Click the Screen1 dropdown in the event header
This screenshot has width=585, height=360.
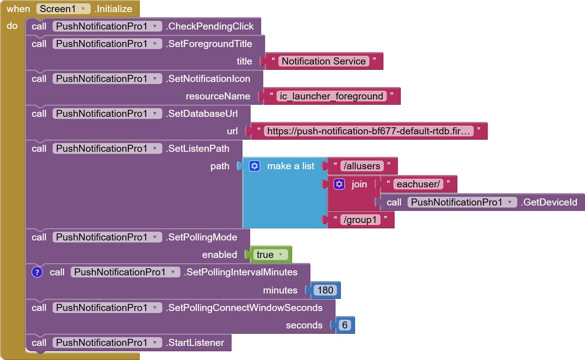tap(63, 9)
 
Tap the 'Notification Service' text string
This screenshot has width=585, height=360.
tap(323, 61)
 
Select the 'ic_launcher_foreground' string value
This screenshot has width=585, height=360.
tap(331, 96)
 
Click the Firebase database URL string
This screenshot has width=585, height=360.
tap(368, 131)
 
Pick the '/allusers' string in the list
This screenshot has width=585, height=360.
tap(362, 166)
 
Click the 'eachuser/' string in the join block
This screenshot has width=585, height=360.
tap(418, 184)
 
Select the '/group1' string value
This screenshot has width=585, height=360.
tap(360, 220)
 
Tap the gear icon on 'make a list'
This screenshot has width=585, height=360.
tap(255, 166)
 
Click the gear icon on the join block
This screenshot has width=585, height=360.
tap(339, 184)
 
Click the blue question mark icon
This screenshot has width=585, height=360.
tap(37, 272)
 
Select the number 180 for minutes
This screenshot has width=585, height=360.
tap(325, 290)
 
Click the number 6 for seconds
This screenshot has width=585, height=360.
tap(345, 325)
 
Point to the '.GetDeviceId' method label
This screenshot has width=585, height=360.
tap(550, 202)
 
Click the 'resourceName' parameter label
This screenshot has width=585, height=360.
tap(218, 96)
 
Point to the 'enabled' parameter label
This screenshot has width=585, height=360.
tap(219, 255)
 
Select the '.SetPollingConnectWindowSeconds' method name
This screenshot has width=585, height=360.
tap(245, 308)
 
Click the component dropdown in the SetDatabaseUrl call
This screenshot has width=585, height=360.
tap(107, 114)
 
